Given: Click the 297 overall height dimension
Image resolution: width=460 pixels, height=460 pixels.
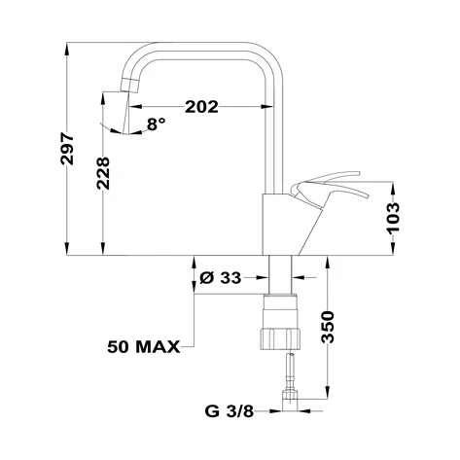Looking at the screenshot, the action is click(x=67, y=148).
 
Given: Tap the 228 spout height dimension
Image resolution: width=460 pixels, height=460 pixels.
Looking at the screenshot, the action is click(x=103, y=173).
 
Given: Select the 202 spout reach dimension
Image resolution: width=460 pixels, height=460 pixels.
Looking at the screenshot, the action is click(x=201, y=107).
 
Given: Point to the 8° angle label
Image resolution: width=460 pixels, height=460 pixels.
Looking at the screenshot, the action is click(x=157, y=124).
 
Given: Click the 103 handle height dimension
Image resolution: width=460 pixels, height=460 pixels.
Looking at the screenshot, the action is click(x=393, y=217).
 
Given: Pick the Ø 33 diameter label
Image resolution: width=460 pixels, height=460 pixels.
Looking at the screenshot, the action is click(x=221, y=278).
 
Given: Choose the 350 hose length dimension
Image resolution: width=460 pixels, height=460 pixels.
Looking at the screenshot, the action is click(x=328, y=327).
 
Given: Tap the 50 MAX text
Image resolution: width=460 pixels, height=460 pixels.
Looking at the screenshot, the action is click(x=144, y=347).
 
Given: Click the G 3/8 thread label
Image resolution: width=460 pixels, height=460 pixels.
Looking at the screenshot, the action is click(x=230, y=411).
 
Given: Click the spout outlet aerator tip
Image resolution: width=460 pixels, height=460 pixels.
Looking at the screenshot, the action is click(x=129, y=86).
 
